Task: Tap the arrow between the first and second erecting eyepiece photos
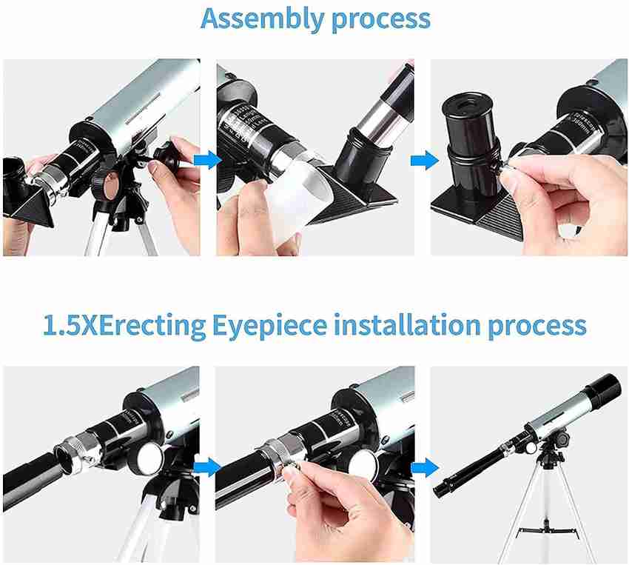pos(208,466)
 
